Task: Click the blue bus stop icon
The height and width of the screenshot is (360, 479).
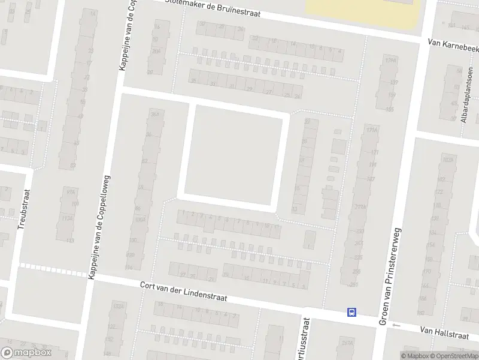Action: click(351, 312)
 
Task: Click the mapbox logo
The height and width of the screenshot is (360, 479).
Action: click(26, 352)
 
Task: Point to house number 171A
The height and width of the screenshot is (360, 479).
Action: click(372, 130)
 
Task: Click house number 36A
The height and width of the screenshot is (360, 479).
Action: click(156, 113)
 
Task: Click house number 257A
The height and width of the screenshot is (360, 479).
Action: click(347, 344)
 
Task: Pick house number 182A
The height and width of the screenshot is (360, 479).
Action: click(446, 160)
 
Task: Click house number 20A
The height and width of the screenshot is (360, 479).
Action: click(156, 52)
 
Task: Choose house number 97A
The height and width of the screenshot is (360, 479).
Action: click(71, 192)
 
